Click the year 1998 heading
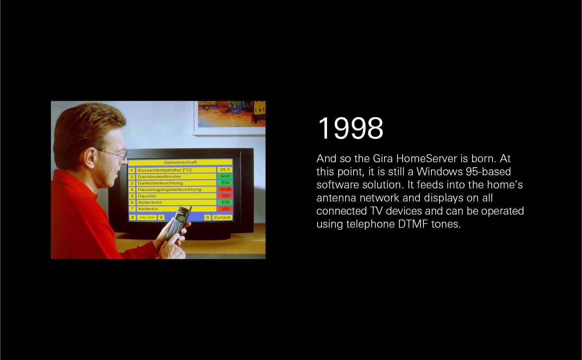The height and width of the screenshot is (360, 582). coord(351,128)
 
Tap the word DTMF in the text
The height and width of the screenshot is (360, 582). coord(413,224)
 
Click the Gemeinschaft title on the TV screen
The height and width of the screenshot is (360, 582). coord(180,162)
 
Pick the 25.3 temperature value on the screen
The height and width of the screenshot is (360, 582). coord(225,169)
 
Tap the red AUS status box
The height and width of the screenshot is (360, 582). coord(225,189)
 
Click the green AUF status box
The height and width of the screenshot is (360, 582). coord(225,176)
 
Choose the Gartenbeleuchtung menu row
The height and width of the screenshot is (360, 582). coord(176,183)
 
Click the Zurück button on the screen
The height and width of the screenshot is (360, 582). coord(222,217)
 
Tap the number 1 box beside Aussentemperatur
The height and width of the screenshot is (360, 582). coord(132,171)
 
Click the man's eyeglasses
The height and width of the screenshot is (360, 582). coord(114,153)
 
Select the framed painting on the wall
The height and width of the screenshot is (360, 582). coord(229,118)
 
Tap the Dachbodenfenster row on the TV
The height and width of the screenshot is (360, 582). coord(176,177)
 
